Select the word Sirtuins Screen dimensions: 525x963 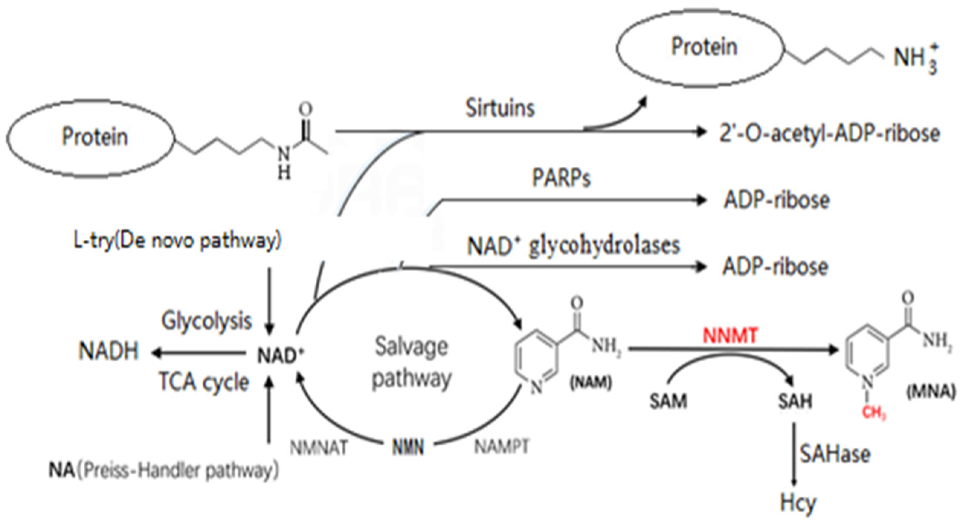tap(500, 108)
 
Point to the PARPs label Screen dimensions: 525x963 tap(561, 179)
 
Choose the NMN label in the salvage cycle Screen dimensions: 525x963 tap(408, 447)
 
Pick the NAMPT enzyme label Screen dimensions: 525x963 tap(502, 446)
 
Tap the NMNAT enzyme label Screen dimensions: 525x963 tap(319, 447)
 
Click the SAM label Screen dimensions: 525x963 tap(669, 401)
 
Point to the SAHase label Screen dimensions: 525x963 tap(835, 454)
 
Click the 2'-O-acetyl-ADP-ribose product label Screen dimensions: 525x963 tap(829, 134)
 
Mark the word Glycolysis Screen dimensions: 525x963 tap(206, 321)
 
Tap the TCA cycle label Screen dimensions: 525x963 tap(204, 382)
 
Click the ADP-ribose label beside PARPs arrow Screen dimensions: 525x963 tap(776, 200)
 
